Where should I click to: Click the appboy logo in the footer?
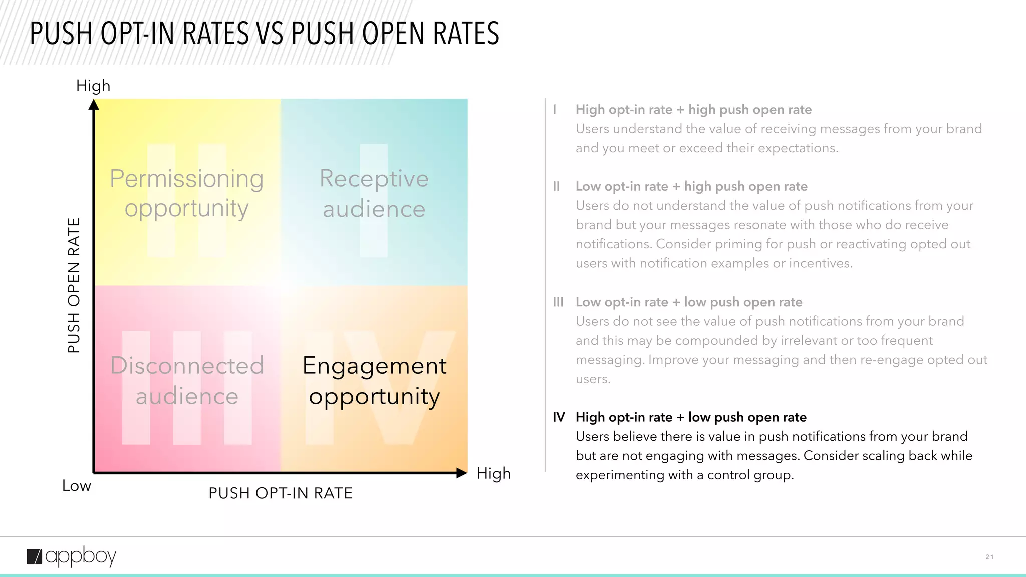tap(71, 556)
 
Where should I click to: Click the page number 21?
tap(989, 557)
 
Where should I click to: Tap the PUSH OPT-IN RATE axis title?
tap(281, 493)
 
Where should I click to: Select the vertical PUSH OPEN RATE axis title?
tap(74, 285)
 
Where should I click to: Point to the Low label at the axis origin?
tap(77, 486)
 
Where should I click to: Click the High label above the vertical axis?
tap(93, 86)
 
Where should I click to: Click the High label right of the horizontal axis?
tap(494, 473)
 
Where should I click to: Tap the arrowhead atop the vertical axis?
tap(94, 105)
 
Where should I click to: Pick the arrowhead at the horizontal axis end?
tap(462, 473)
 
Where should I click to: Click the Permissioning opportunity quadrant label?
tap(187, 193)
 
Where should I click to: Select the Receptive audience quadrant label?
tap(374, 193)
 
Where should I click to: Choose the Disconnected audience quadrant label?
tap(187, 381)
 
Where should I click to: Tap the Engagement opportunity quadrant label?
tap(374, 381)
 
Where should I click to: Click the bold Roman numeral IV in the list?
tap(559, 417)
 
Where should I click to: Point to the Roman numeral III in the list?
tap(558, 302)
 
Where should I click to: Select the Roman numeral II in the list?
tap(556, 187)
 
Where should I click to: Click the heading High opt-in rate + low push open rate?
tap(691, 417)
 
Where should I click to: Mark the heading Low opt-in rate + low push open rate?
tap(689, 302)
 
